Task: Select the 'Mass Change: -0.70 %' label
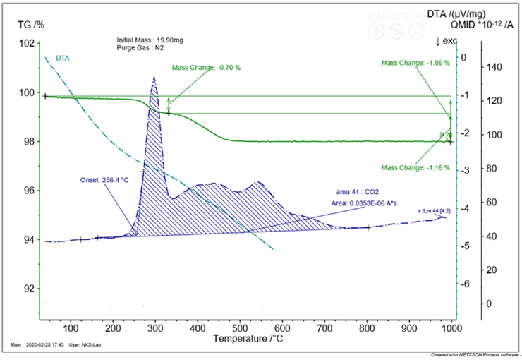point(206,68)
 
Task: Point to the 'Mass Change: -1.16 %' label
point(415,167)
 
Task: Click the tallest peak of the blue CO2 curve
point(154,78)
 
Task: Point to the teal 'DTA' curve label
point(63,58)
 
